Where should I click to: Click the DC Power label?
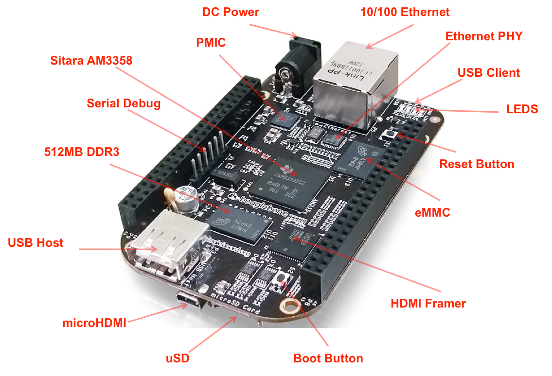pos(231,12)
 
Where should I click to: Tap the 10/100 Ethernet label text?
pos(405,12)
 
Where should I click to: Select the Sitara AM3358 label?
pos(91,60)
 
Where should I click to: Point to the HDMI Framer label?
pos(428,304)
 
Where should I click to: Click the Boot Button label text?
pos(328,359)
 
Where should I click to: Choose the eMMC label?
pos(432,212)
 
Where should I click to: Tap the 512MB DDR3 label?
pos(81,152)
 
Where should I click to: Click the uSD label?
pos(177,359)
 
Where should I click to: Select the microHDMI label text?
pos(94,323)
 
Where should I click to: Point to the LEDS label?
pos(521,109)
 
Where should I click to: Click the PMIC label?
pos(211,43)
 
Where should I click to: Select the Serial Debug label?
pos(124,103)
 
